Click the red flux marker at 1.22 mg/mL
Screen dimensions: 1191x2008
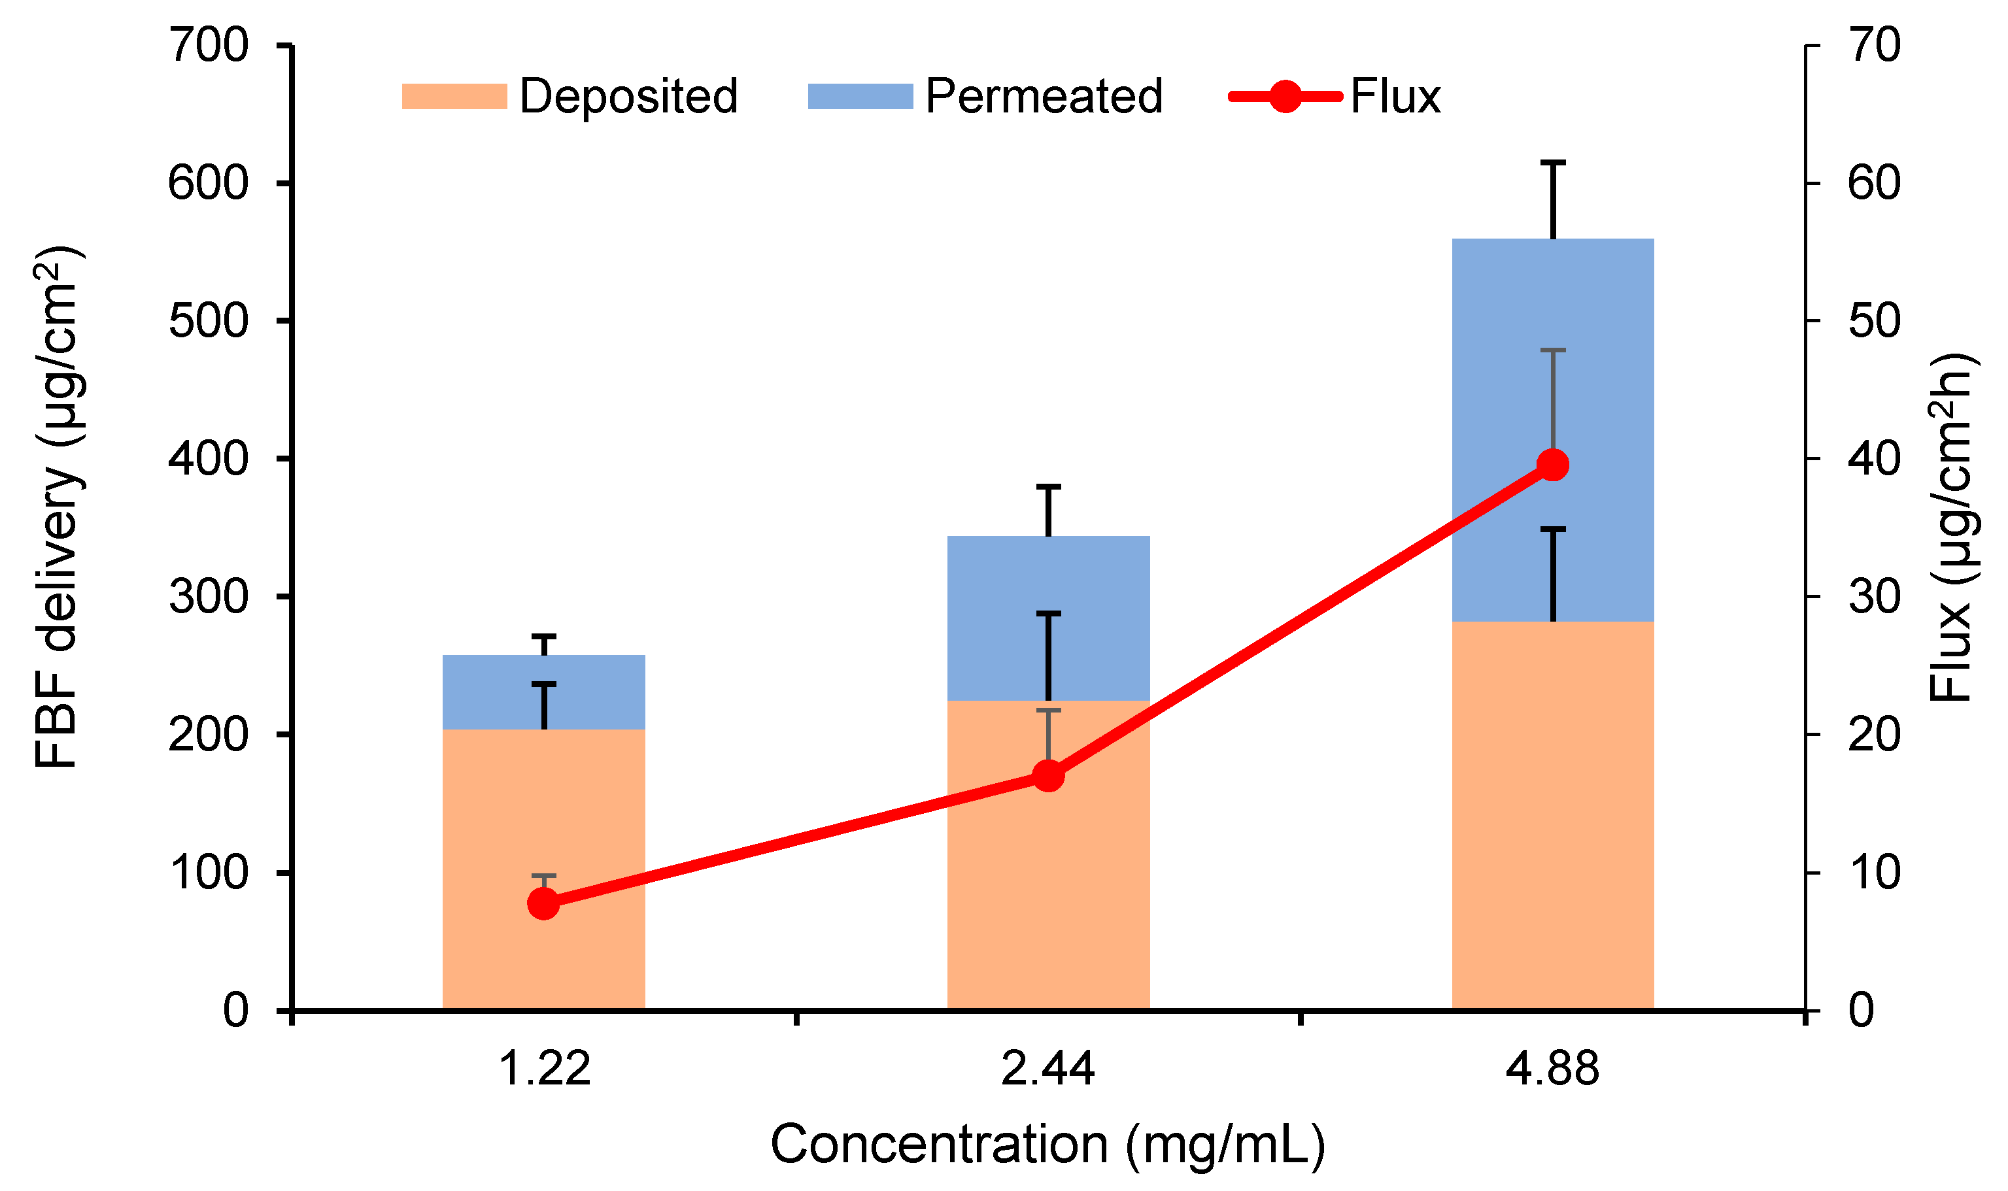coord(543,903)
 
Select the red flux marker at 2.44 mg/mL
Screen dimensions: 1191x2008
coord(1048,776)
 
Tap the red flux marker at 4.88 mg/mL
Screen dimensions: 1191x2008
coord(1553,465)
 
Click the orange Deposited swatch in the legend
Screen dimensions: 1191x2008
coord(454,96)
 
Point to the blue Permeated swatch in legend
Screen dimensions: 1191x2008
coord(860,96)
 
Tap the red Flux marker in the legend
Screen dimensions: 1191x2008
coord(1285,96)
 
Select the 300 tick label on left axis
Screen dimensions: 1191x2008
coord(209,597)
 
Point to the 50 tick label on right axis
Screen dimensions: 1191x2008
coord(1875,321)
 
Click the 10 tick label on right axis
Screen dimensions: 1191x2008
coord(1875,873)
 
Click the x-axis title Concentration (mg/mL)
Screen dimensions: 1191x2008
coord(1048,1145)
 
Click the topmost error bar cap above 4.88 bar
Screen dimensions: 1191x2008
coord(1553,163)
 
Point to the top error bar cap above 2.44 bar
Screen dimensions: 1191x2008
coord(1048,486)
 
